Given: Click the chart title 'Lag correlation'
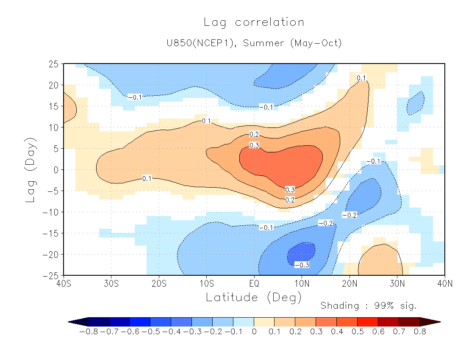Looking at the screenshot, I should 254,22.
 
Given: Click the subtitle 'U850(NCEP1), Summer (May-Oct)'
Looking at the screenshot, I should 254,43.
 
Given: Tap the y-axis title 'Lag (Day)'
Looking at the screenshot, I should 31,169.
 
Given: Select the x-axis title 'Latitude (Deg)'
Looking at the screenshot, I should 254,297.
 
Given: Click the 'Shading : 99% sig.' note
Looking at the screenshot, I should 369,306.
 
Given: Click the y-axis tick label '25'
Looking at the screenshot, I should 53,64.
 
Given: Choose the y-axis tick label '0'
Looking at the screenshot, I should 56,170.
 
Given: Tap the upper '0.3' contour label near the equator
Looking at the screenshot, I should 254,145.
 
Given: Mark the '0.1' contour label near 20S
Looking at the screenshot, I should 147,178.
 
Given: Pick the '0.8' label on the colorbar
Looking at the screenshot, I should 420,332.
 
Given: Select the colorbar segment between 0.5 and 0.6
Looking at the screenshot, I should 368,322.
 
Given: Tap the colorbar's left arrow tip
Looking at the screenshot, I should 69,322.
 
